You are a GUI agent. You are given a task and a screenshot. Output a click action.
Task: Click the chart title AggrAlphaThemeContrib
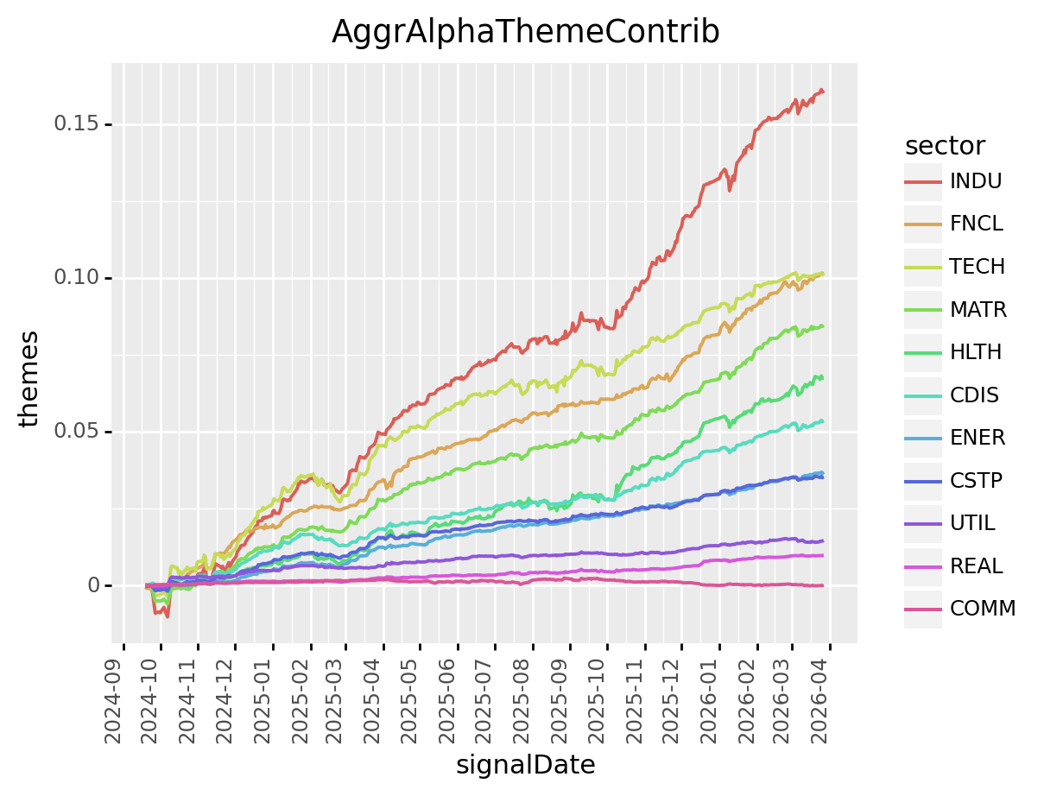[525, 32]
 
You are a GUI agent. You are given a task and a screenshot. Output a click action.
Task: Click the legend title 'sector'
[946, 145]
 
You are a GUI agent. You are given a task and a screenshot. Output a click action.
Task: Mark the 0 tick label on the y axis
[95, 585]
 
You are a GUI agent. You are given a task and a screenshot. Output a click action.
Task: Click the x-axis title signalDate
[525, 765]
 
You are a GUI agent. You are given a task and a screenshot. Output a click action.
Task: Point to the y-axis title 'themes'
[31, 378]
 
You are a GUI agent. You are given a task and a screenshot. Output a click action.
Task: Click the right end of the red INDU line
[822, 91]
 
